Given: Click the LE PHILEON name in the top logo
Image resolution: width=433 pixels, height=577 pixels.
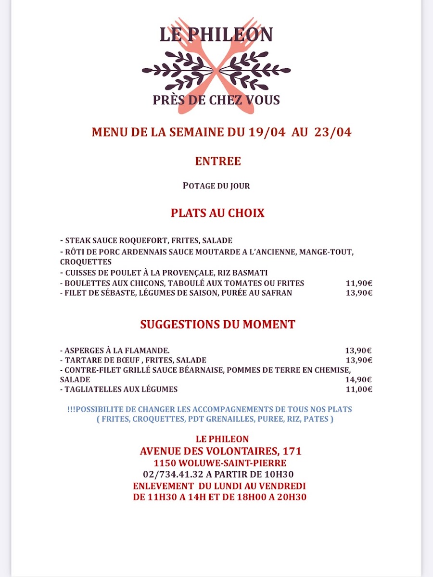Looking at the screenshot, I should (x=216, y=35).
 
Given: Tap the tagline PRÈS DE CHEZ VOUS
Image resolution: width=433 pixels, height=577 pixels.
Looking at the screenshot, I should (x=216, y=100).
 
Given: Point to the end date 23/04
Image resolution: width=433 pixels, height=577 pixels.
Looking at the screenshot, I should (x=333, y=133).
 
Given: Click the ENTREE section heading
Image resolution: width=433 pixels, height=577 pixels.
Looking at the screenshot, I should (x=218, y=162).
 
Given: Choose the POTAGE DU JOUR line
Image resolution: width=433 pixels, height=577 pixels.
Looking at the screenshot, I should (x=216, y=186).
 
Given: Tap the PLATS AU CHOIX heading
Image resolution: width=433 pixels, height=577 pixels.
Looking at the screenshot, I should (x=217, y=213).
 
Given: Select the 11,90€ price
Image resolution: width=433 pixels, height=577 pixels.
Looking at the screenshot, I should (x=359, y=283).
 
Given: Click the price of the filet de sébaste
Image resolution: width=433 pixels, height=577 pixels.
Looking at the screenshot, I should (x=359, y=293).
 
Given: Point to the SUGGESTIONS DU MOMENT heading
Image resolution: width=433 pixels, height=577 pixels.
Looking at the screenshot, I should (x=217, y=325).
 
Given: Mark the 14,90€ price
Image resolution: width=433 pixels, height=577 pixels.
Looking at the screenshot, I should (x=359, y=379).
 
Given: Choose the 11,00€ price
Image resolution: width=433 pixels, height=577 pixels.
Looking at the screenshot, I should (x=359, y=389).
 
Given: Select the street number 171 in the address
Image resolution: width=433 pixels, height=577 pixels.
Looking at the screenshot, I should (x=292, y=452).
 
